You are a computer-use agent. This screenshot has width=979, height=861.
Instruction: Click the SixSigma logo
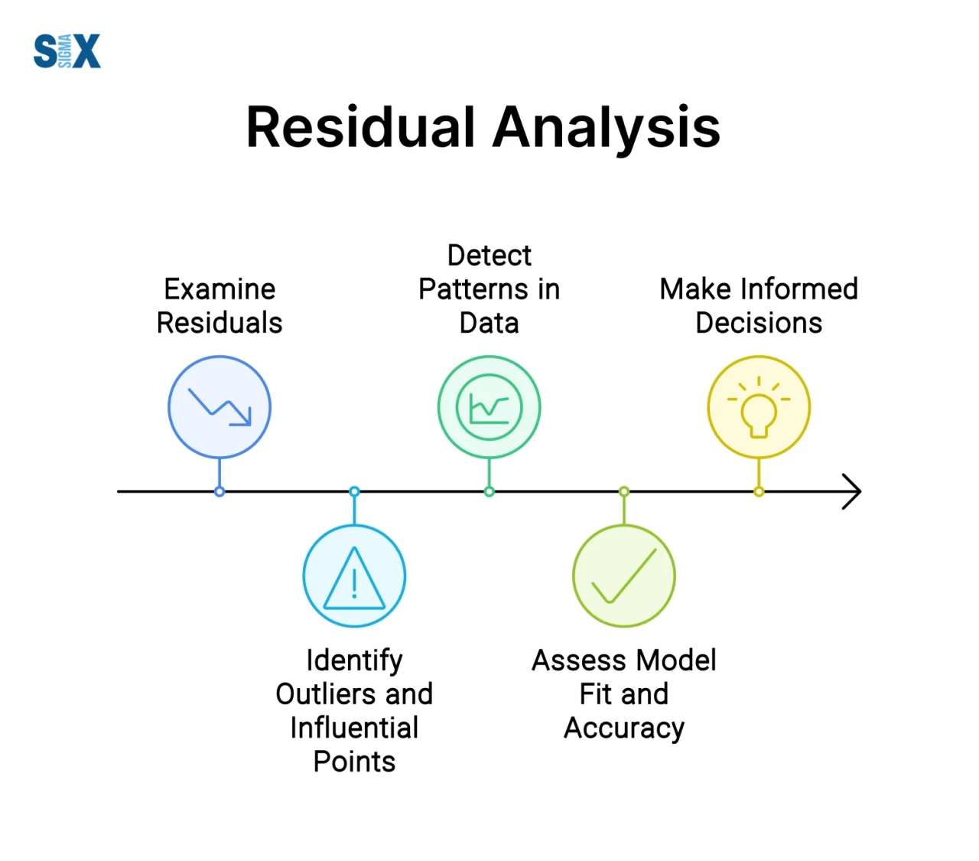pos(67,51)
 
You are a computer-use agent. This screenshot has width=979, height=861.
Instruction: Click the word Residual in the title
pos(361,127)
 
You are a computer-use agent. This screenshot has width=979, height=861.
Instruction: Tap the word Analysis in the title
pos(606,127)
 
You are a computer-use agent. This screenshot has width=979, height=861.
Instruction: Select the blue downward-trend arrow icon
pos(220,407)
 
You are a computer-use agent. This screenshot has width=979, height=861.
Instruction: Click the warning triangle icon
pos(354,577)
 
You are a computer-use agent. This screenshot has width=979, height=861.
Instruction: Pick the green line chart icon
pos(489,407)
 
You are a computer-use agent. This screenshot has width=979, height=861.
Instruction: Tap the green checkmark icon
pos(624,576)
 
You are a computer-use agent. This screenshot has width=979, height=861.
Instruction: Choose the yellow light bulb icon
pos(759,407)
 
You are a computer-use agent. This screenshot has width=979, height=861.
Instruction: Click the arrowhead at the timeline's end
pos(853,491)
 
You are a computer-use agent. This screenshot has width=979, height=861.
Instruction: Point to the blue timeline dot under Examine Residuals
pos(220,491)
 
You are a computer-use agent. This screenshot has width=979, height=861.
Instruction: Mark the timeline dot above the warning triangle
pos(354,491)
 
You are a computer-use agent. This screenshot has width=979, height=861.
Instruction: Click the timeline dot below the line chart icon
pos(489,491)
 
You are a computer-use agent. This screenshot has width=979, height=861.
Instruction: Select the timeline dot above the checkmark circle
pos(624,491)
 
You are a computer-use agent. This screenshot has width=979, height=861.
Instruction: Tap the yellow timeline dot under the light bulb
pos(759,491)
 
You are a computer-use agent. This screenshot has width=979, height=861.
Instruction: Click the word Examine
pos(220,289)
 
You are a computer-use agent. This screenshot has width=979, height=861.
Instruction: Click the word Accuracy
pos(624,729)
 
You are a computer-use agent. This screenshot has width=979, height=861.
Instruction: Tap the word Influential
pos(354,728)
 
